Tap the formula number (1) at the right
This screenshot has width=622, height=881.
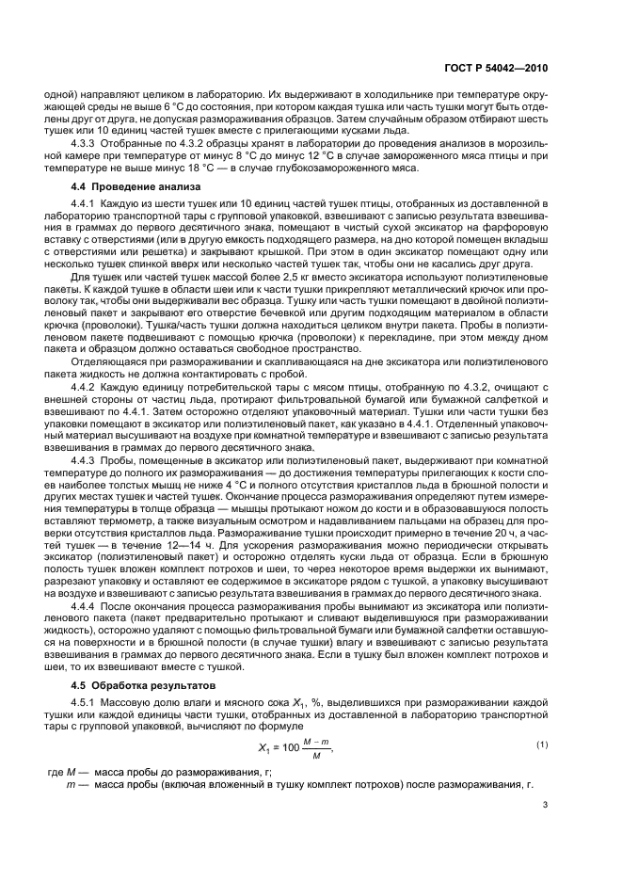click(541, 719)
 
